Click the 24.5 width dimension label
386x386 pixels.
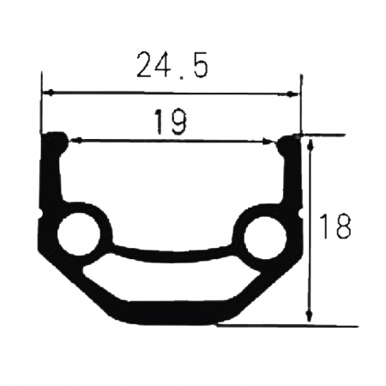172,65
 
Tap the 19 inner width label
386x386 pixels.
172,123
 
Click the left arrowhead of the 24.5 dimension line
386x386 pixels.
48,93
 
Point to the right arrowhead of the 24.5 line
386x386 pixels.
294,93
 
